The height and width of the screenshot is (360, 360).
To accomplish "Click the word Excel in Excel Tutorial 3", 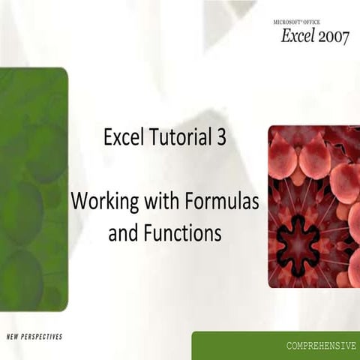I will click(122, 138).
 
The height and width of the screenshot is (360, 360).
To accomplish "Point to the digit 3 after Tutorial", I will click(223, 138).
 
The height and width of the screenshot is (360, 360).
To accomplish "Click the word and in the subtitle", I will click(123, 233).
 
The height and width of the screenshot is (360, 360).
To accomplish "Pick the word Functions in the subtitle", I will click(182, 233).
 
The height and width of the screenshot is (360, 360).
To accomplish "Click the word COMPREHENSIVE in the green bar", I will click(320, 346).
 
